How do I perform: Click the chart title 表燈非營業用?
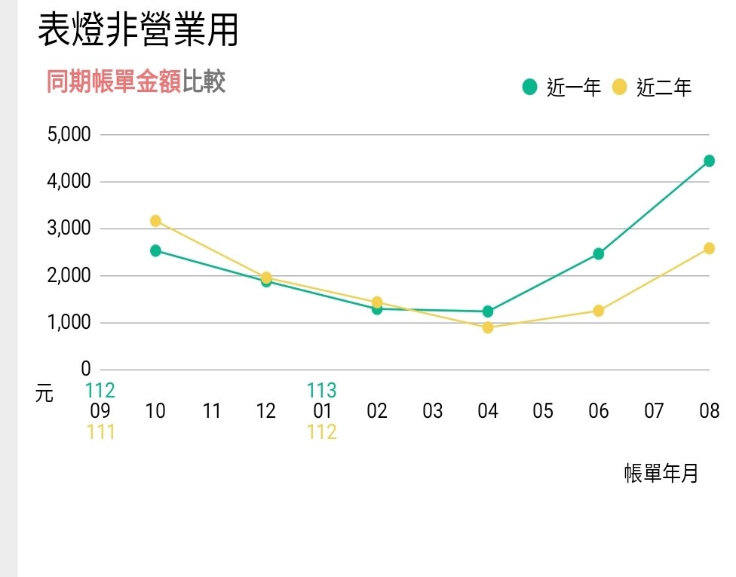point(138,31)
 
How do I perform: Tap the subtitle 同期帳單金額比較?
point(136,81)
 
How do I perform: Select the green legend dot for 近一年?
point(530,87)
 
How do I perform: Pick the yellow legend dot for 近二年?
point(620,87)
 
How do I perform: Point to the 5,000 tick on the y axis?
point(69,134)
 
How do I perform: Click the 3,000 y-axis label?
point(69,229)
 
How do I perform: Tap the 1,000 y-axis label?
point(69,323)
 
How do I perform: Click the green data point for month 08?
point(709,161)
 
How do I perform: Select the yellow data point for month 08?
point(709,248)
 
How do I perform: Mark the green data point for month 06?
point(599,253)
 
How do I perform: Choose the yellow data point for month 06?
point(599,311)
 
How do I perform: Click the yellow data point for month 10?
point(155,221)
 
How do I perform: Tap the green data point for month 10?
point(155,250)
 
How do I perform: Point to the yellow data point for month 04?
point(488,327)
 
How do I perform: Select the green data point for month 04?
point(488,312)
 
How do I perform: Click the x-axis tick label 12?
point(266,411)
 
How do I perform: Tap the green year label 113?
point(321,391)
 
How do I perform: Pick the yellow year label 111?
point(100,432)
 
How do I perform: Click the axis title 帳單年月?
point(661,474)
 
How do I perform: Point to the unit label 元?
point(44,393)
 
